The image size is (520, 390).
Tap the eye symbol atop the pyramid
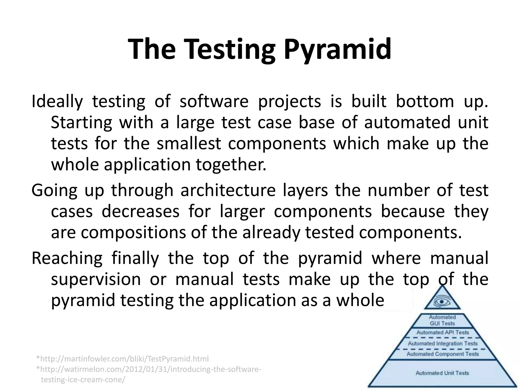point(442,302)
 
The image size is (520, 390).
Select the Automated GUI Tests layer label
point(442,320)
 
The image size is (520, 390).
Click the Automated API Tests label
point(443,332)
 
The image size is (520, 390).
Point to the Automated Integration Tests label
point(443,344)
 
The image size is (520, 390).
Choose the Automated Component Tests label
point(443,354)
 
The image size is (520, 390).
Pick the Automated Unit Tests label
point(442,373)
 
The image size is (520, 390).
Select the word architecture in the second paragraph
point(228,190)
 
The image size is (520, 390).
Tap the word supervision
point(96,279)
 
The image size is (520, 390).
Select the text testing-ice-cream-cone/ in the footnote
point(83,380)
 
